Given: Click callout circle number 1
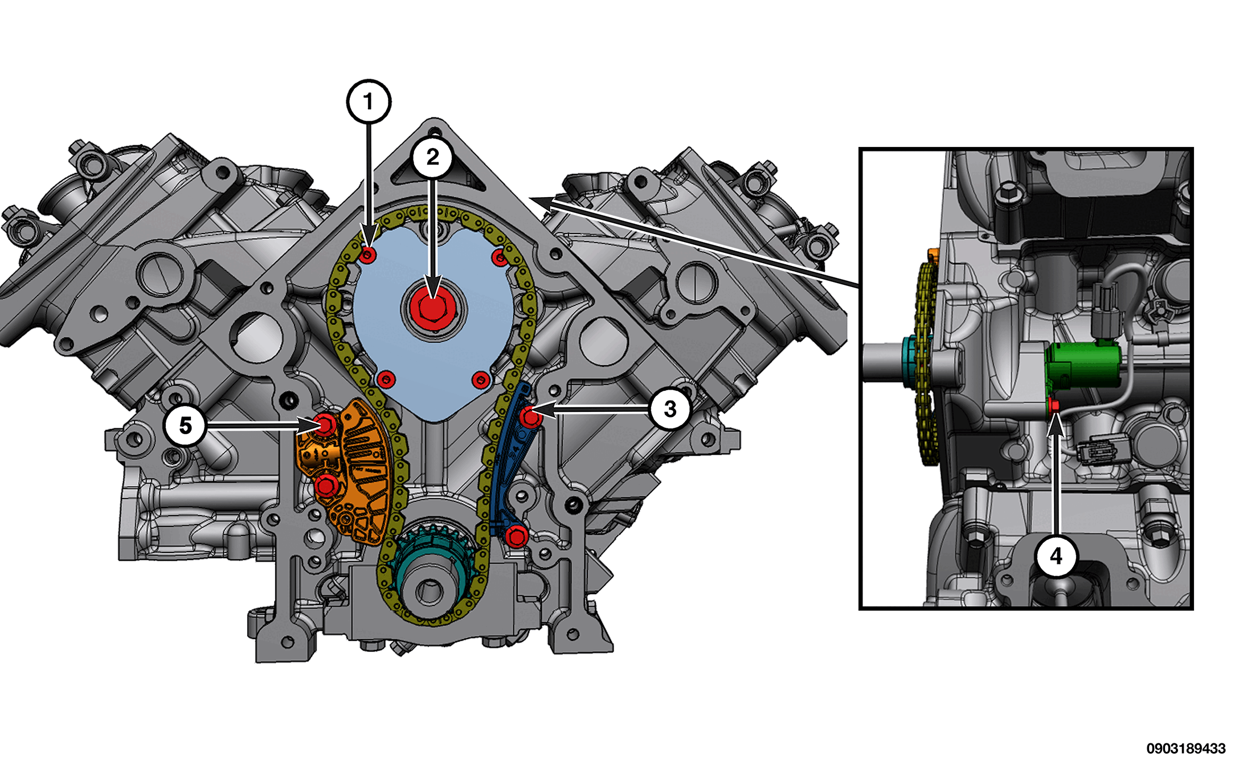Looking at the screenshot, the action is (369, 102).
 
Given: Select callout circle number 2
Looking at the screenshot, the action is (433, 157).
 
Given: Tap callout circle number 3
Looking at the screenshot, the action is (670, 408).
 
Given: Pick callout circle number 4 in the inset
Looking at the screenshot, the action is (1056, 556).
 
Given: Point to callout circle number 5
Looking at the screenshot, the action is (185, 426).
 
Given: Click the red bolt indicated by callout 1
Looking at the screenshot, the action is (368, 255).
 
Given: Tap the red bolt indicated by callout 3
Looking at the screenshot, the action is (531, 418).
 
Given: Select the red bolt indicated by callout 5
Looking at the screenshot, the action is (326, 424).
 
